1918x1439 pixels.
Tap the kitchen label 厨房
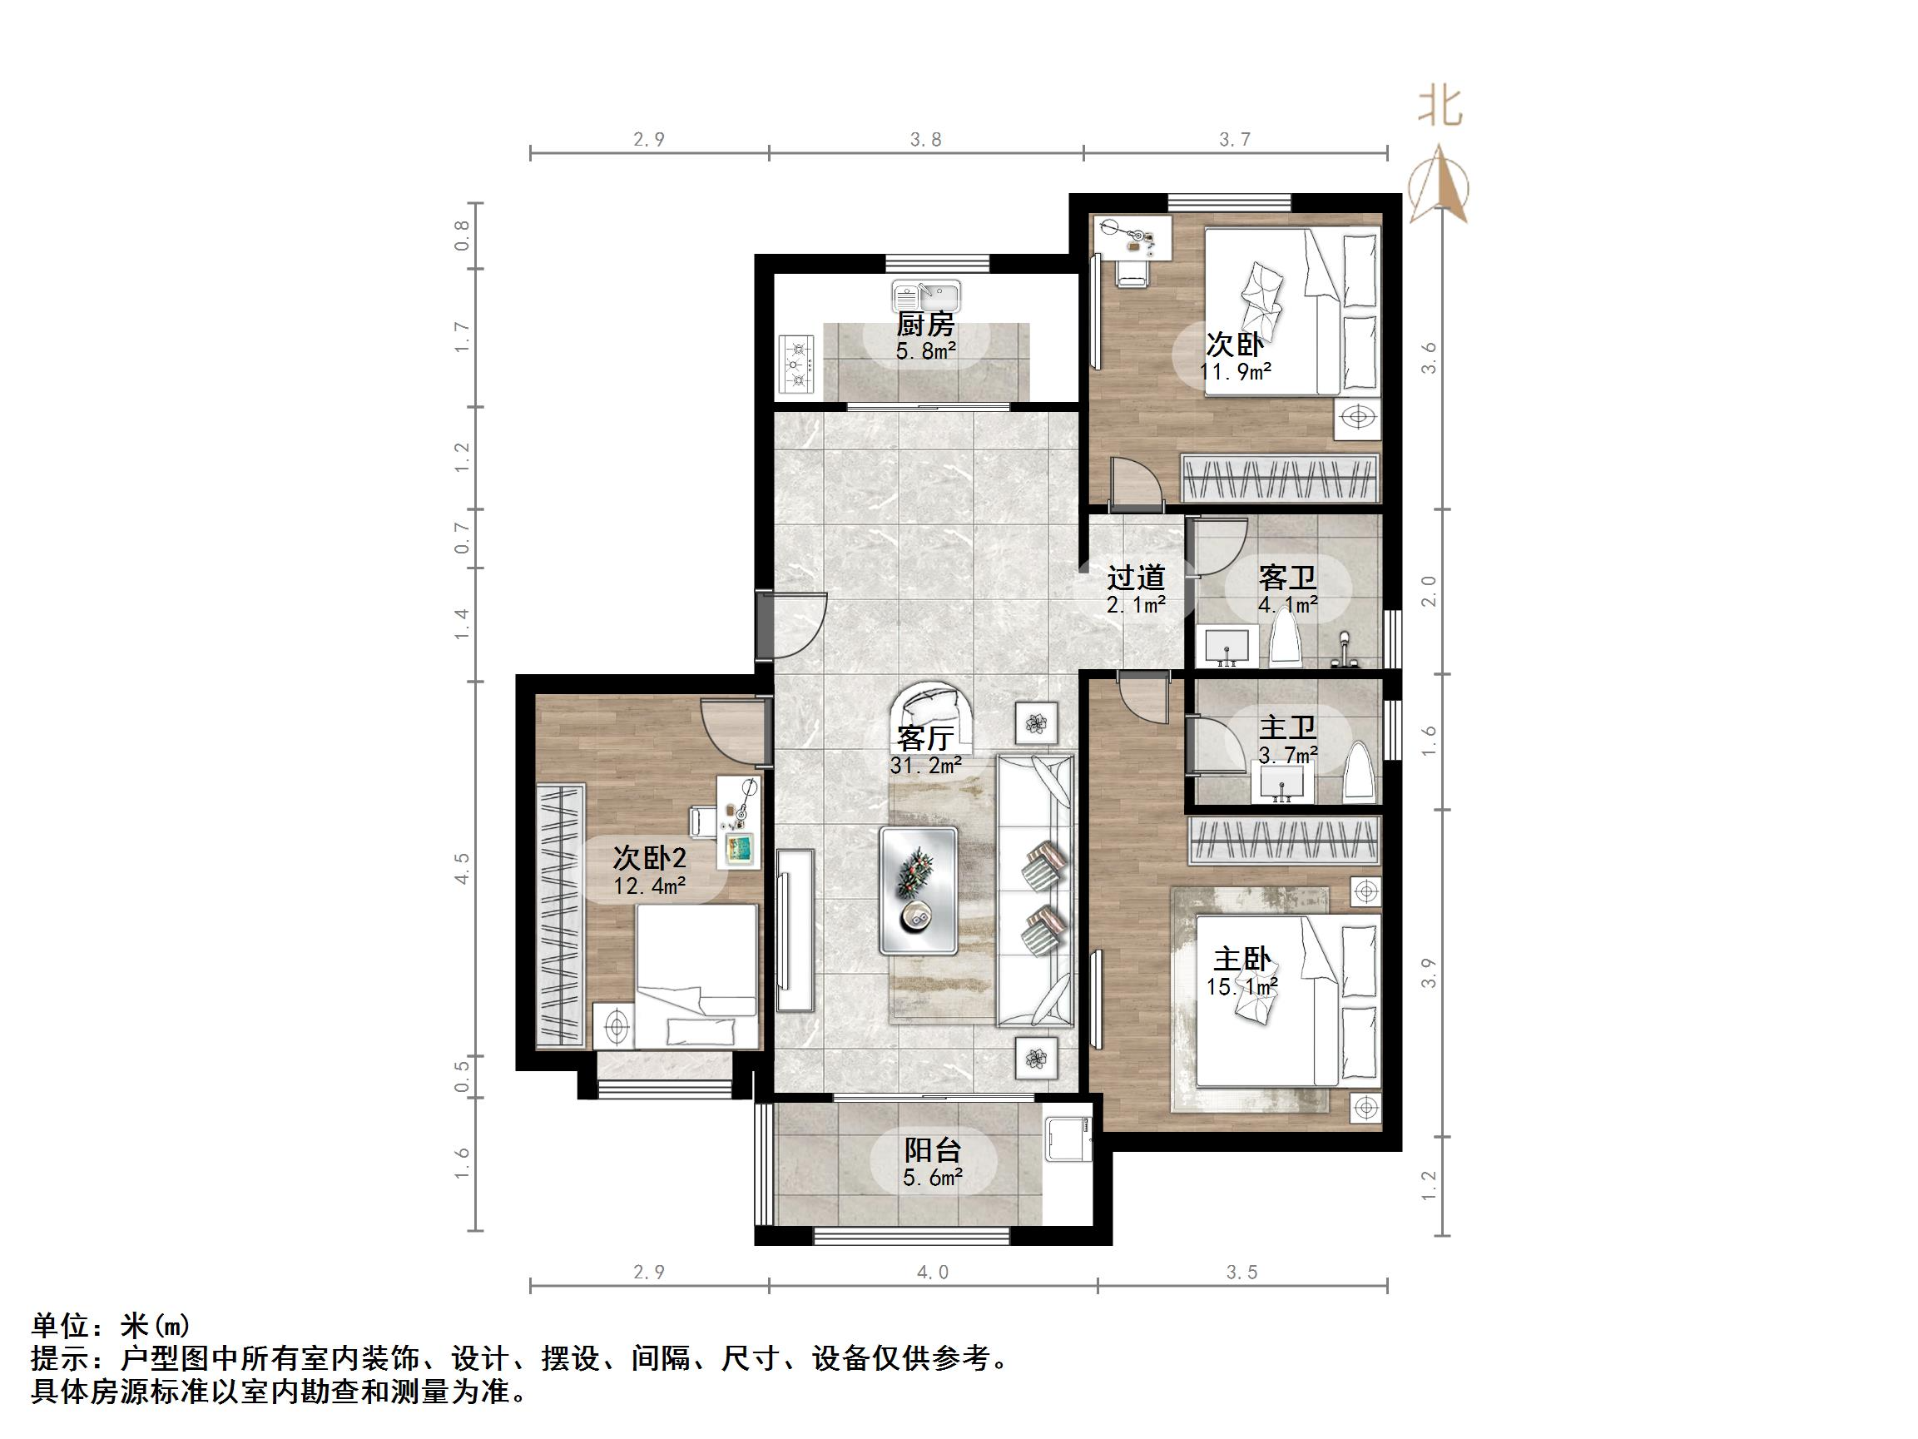tap(925, 325)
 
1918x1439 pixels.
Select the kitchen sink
tap(926, 296)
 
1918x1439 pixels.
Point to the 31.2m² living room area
tap(925, 766)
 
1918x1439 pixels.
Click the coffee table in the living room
tap(919, 891)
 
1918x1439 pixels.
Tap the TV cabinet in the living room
tap(795, 930)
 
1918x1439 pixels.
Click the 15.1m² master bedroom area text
tap(1241, 987)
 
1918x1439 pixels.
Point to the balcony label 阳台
tap(932, 1150)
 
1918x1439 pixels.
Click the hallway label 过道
tap(1135, 578)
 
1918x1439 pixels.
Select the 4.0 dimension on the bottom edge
tap(932, 1273)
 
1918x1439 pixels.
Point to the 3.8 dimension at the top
tap(925, 140)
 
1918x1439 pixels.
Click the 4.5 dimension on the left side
tap(462, 868)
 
